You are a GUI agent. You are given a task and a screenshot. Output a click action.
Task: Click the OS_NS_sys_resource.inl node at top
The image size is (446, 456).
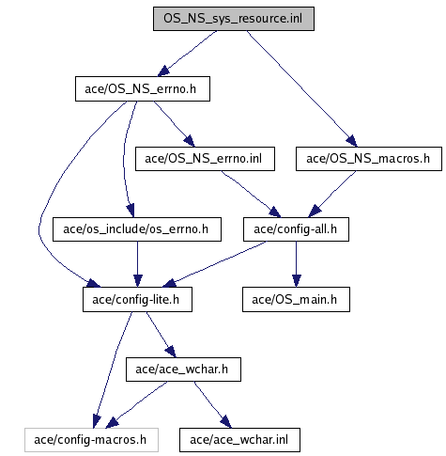tap(234, 19)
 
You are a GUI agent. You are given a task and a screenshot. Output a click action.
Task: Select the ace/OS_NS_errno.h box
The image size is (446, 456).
tap(143, 88)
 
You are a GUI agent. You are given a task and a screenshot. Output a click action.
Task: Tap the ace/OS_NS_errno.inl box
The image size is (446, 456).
tap(205, 159)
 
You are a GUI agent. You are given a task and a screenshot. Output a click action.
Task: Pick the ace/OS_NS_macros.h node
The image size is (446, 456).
tap(369, 159)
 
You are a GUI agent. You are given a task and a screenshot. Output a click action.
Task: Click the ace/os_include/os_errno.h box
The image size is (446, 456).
tap(137, 229)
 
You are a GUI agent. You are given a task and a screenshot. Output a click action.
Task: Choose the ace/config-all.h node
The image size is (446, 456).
tap(296, 229)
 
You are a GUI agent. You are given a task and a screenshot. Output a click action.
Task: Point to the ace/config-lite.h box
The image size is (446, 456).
tap(137, 300)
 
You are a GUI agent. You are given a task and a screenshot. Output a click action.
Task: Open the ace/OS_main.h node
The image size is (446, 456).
tap(296, 300)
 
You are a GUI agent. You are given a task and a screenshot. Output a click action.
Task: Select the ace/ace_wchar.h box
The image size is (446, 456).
tap(183, 370)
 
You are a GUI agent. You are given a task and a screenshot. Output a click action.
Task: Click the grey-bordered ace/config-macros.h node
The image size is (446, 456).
tap(91, 440)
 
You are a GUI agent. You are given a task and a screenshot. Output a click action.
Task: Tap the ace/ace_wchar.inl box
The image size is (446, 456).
tap(239, 440)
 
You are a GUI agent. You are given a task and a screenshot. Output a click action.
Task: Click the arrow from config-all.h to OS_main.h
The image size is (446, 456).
tap(296, 264)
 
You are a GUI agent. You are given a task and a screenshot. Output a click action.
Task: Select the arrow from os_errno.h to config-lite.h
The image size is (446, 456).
tap(137, 264)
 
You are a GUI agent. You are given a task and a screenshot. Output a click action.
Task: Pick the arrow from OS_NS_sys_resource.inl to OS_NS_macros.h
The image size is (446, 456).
tap(301, 88)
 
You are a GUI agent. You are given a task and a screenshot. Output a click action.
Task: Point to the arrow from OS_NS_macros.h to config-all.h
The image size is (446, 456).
tap(331, 195)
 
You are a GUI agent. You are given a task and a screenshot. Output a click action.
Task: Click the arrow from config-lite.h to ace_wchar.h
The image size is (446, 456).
tap(161, 335)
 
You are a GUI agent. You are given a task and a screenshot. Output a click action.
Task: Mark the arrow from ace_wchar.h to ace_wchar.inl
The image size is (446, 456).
tap(212, 404)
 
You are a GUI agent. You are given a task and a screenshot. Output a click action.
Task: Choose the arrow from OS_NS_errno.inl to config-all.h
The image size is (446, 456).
tap(251, 195)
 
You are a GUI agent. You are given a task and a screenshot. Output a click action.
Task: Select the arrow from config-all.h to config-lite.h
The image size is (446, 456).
tap(214, 264)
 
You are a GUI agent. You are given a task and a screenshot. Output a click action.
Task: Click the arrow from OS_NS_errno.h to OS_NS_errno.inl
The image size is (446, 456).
tap(174, 124)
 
